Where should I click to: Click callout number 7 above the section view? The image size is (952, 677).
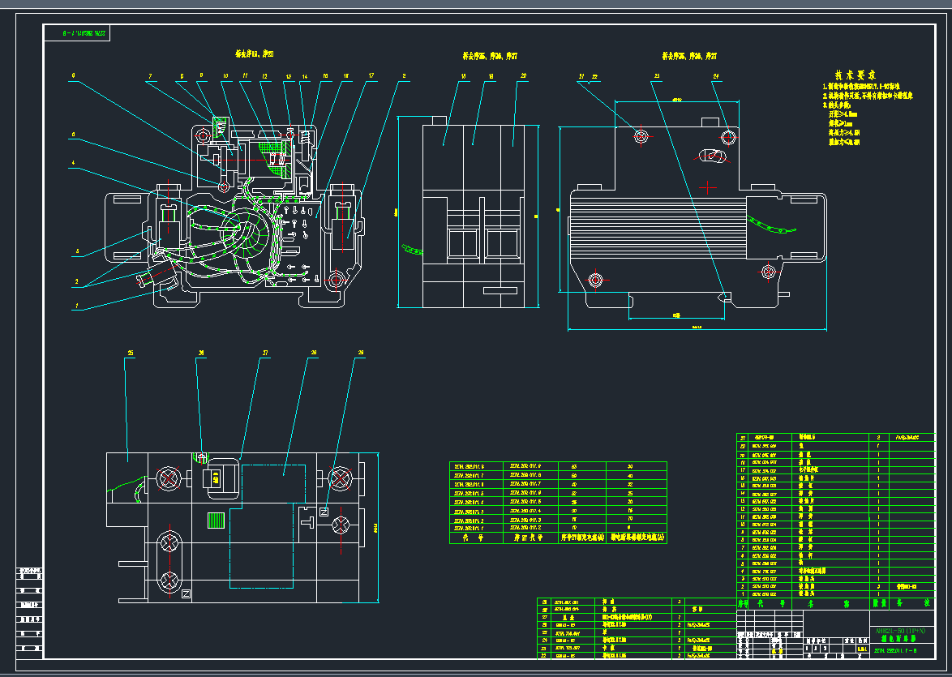[x=150, y=76]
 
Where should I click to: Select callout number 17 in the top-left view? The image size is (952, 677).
[x=371, y=76]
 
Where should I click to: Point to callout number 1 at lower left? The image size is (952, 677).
[x=77, y=306]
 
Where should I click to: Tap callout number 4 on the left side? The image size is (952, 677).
[x=73, y=163]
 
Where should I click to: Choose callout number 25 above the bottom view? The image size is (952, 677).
[x=130, y=353]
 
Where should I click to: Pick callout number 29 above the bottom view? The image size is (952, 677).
[x=360, y=353]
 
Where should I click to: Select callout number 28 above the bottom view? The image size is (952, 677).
[x=314, y=353]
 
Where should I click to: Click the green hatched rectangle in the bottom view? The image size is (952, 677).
[x=214, y=521]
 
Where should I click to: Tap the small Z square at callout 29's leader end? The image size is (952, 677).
[x=323, y=512]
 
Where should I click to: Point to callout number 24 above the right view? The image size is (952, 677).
[x=716, y=77]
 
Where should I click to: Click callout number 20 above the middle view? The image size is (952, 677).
[x=523, y=76]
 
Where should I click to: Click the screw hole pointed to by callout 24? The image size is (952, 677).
[x=727, y=136]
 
